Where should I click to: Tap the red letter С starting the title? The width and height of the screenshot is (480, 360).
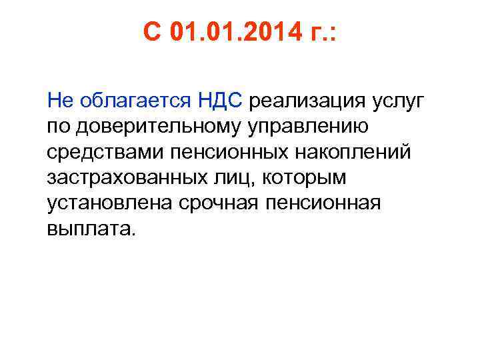coord(153,32)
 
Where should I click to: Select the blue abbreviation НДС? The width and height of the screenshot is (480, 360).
coord(222,101)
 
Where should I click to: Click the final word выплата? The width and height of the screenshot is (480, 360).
coord(91,229)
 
